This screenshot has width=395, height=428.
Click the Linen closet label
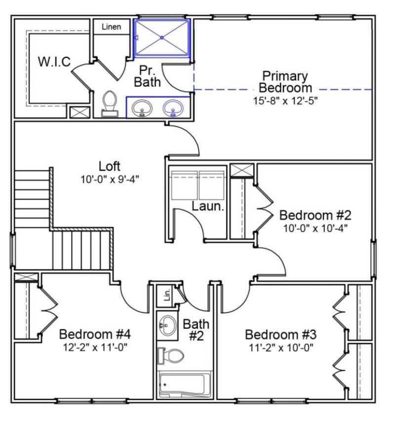tap(111, 27)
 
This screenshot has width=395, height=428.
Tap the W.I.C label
tap(54, 62)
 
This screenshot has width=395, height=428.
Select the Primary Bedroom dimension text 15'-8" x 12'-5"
tap(285, 100)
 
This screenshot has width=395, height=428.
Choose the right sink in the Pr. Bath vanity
tap(173, 107)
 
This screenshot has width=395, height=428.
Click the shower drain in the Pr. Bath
tap(162, 38)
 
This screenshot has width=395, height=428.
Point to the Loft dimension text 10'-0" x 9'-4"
tap(110, 179)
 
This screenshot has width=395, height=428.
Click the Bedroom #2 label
tap(315, 216)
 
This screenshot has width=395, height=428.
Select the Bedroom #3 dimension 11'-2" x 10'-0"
tap(279, 346)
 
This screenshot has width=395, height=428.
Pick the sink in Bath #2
tap(168, 326)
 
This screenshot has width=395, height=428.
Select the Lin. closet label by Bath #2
tap(167, 296)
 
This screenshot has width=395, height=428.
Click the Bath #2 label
tap(196, 329)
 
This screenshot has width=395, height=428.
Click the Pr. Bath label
tap(148, 76)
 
